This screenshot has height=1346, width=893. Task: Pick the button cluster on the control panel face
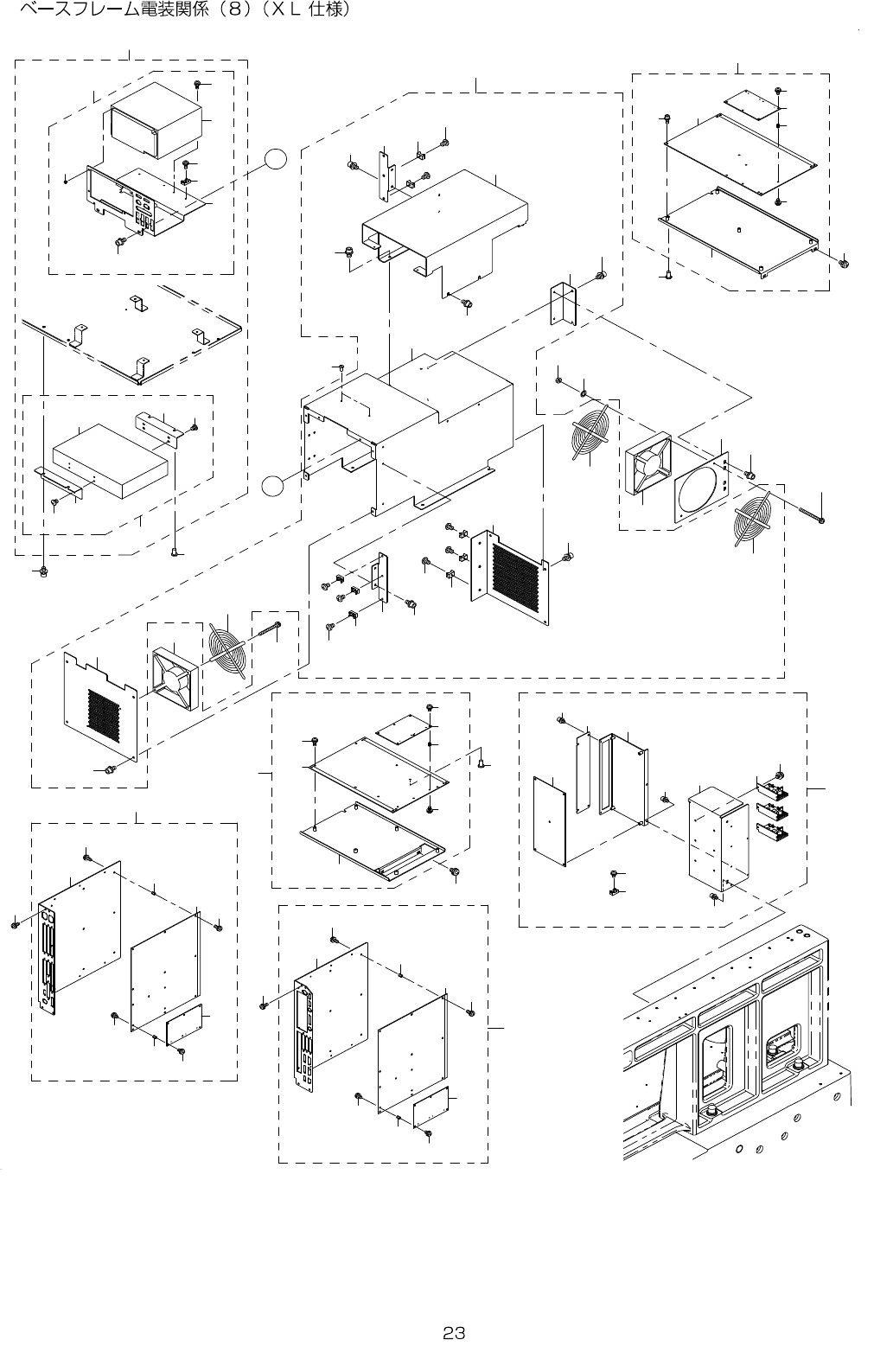click(144, 217)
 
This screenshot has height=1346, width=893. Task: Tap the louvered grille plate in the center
click(511, 576)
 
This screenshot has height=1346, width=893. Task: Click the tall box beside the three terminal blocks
click(718, 839)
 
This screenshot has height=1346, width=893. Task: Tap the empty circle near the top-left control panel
click(276, 159)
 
